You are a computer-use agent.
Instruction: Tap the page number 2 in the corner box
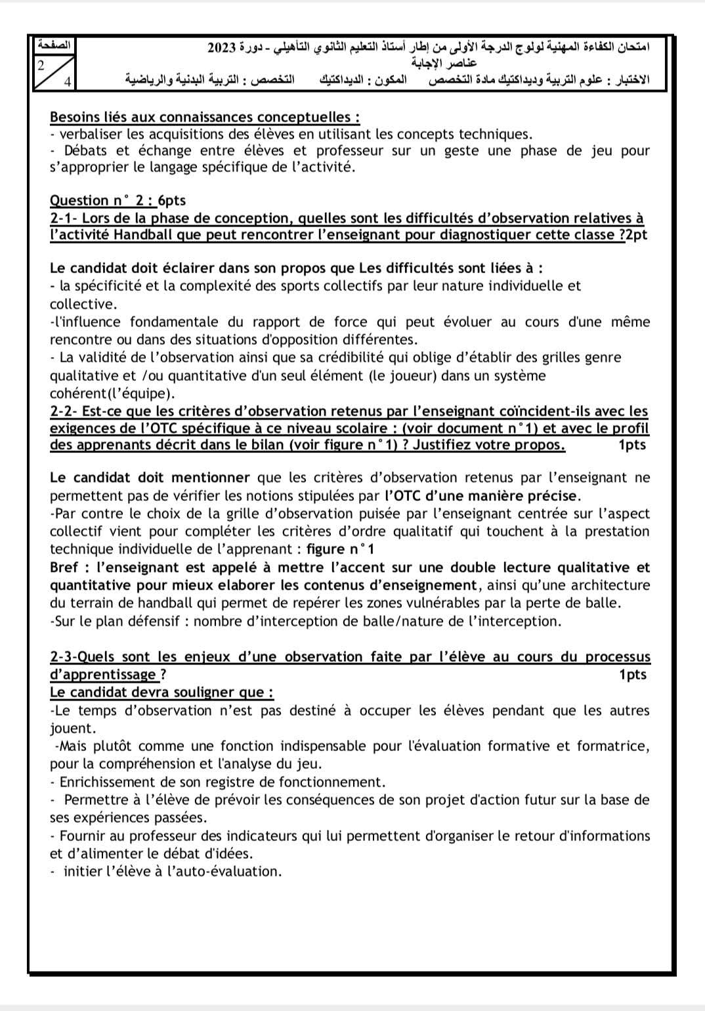(x=41, y=65)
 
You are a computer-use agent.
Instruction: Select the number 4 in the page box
(x=67, y=82)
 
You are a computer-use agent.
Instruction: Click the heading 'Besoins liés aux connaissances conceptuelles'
(x=204, y=118)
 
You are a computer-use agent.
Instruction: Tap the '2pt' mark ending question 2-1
(x=637, y=235)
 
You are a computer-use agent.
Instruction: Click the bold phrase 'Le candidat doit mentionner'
(x=150, y=478)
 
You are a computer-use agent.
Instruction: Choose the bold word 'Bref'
(x=64, y=567)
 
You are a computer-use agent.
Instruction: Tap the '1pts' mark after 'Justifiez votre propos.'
(x=632, y=445)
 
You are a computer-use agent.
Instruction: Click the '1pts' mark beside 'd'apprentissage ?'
(x=632, y=675)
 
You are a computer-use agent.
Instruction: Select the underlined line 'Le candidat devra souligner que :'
(x=161, y=693)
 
